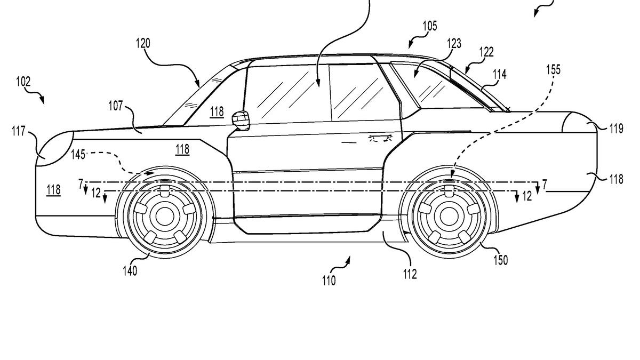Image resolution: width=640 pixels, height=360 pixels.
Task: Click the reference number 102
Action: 23,82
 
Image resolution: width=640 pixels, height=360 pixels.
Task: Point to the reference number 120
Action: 143,43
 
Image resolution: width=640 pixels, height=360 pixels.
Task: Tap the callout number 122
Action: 486,52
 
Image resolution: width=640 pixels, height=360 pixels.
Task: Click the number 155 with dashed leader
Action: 553,70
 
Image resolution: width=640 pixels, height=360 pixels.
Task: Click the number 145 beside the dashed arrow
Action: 79,154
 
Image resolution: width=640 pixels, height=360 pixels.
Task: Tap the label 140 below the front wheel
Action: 130,271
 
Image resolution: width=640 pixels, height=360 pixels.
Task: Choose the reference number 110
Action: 329,280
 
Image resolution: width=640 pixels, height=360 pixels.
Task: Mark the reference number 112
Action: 410,274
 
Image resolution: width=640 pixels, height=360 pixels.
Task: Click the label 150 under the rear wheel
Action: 500,260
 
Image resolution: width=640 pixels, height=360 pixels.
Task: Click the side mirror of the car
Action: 242,119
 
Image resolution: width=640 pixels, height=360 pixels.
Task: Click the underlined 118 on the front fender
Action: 182,149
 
